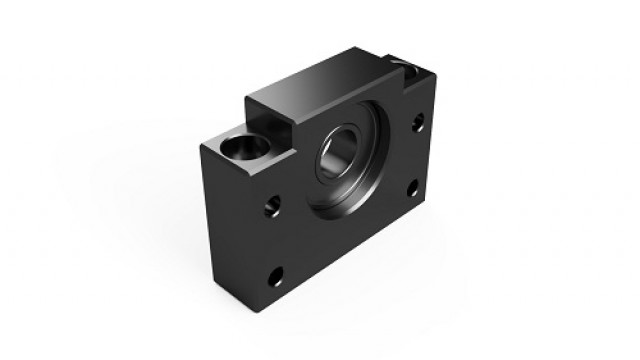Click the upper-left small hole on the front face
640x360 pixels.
pyautogui.click(x=270, y=208)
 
